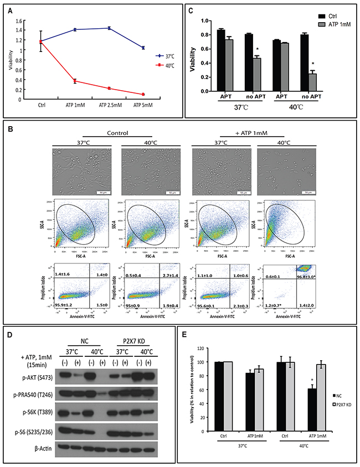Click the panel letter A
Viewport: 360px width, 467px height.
coord(9,9)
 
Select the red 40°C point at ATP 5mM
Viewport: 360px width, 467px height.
coord(143,94)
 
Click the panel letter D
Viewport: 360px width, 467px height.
coord(9,336)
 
